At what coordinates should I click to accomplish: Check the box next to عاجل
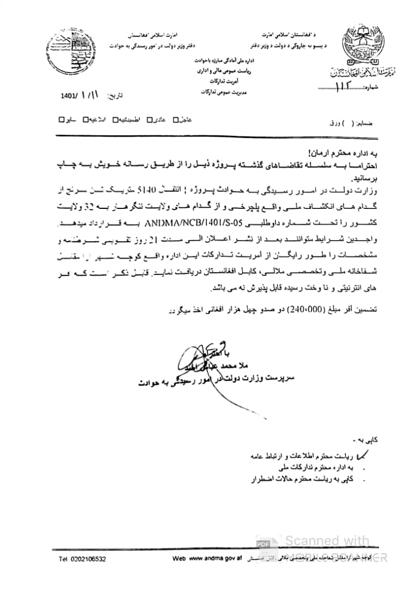point(176,119)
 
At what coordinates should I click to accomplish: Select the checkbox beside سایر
point(62,119)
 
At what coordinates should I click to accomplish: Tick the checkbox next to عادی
point(147,119)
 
